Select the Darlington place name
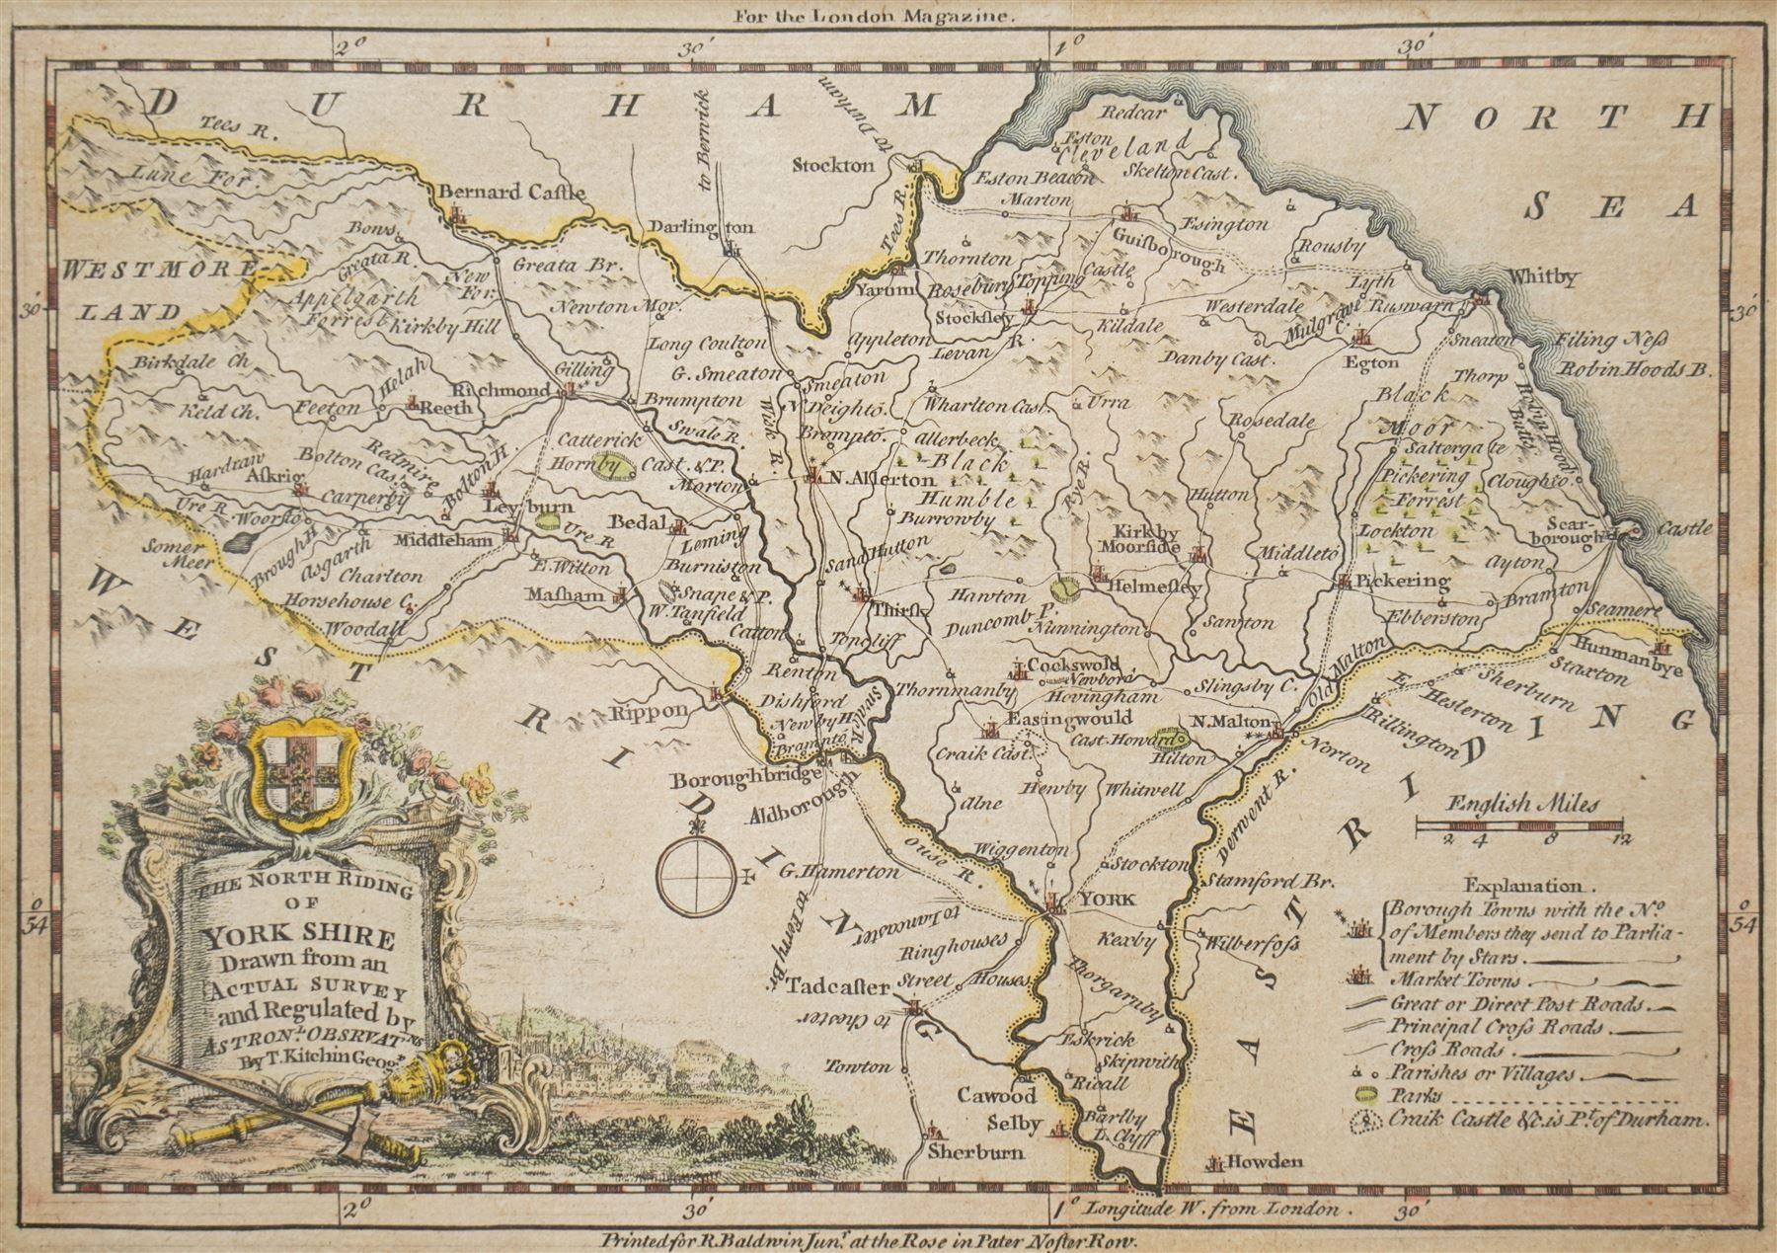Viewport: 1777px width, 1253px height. click(702, 227)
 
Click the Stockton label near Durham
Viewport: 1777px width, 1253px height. click(834, 165)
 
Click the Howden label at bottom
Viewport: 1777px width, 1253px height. click(1272, 1162)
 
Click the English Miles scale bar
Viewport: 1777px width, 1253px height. click(1519, 822)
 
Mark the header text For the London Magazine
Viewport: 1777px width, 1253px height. click(874, 16)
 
